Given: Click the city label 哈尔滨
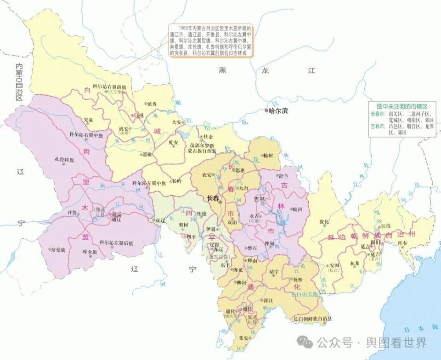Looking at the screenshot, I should (x=278, y=111).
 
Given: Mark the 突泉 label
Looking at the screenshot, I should (x=89, y=120).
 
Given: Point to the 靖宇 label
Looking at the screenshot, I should (x=274, y=272).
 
